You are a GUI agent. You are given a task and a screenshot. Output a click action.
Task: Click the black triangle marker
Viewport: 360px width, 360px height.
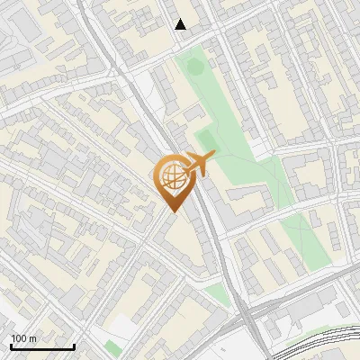coord(181,24)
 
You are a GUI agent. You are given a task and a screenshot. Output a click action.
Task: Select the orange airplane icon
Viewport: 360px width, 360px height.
coord(198,164)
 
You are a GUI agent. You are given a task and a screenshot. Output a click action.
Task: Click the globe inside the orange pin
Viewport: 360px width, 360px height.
coord(171,176)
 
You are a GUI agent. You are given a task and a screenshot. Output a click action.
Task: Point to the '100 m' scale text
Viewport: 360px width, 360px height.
coord(23,338)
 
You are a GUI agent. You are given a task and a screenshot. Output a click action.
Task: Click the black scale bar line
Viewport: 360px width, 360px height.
coord(42,346)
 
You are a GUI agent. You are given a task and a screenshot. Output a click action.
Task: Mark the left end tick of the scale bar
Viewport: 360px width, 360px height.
coord(11,346)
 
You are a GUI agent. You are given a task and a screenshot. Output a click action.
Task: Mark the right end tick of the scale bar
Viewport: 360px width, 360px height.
coord(74,346)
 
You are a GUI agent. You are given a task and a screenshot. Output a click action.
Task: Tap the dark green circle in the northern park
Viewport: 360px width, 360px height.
coord(191,64)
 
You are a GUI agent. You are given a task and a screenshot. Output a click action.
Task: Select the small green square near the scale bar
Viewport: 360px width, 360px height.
coord(111,346)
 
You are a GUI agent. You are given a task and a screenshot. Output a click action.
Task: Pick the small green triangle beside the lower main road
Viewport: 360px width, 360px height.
coord(217,294)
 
